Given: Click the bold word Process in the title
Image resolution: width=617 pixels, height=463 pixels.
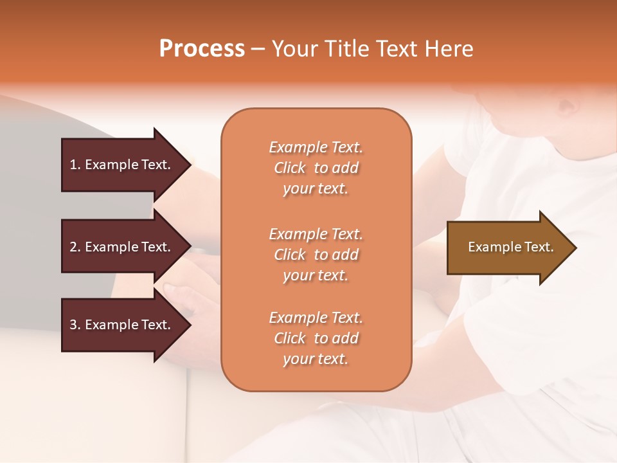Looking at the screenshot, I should tap(202, 49).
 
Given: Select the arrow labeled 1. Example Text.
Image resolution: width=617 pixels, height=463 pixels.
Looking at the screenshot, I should tap(122, 165).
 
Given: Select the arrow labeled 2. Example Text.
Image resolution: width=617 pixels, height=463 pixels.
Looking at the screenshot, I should tap(122, 247).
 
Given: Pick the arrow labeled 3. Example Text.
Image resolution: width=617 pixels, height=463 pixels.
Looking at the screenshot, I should tap(122, 325).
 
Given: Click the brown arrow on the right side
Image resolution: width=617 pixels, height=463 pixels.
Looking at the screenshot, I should tap(508, 248).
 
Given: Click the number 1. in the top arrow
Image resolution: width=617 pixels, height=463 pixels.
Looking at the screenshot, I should tap(75, 165).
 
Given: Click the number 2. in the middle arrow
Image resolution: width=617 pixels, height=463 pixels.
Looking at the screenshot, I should tap(75, 247).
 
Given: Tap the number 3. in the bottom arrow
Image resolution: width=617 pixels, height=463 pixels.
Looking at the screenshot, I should tap(75, 325).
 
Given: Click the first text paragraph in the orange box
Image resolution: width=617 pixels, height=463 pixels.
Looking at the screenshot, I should tap(316, 168).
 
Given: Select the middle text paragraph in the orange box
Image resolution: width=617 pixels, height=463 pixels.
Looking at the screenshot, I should tap(316, 254).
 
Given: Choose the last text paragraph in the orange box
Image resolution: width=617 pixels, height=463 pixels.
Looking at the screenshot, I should tap(316, 338).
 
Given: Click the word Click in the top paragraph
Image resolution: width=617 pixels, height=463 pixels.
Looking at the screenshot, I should tap(289, 168).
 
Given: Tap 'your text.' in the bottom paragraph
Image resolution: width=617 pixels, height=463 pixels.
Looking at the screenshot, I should tap(316, 359).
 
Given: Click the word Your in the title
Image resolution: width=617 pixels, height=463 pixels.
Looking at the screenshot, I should tap(292, 49).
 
